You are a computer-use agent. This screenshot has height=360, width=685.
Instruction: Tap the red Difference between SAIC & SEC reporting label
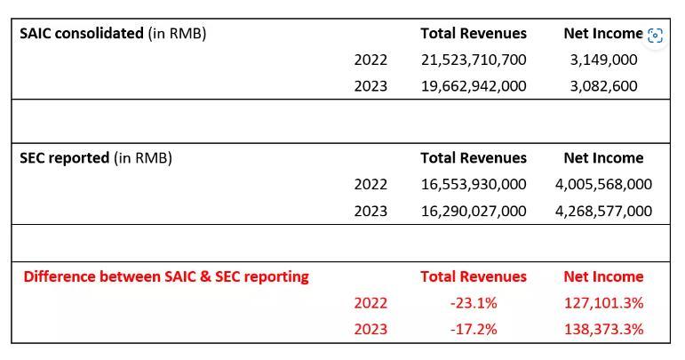click(166, 276)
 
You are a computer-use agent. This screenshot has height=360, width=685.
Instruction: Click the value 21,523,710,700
click(474, 60)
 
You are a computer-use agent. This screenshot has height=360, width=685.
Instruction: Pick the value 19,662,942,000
click(474, 86)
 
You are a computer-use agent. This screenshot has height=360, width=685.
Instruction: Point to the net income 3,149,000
click(603, 60)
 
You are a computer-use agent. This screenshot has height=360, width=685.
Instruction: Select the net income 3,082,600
click(603, 86)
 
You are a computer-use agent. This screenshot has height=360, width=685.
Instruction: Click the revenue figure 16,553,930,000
click(474, 184)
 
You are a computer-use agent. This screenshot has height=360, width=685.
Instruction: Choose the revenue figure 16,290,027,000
click(474, 211)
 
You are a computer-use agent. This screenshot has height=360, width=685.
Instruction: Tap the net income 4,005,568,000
click(603, 184)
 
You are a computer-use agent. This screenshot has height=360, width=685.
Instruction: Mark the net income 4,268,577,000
click(603, 211)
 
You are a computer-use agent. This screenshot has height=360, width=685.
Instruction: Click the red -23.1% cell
click(474, 303)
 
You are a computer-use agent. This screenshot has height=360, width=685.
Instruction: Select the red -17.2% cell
click(474, 329)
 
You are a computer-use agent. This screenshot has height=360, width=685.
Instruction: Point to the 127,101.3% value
click(603, 303)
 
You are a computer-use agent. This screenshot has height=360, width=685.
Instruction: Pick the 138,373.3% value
click(603, 329)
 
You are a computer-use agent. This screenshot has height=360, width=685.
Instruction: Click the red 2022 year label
click(370, 303)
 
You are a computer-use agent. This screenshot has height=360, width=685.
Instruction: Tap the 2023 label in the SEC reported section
click(370, 211)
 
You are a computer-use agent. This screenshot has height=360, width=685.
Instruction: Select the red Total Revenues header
click(474, 276)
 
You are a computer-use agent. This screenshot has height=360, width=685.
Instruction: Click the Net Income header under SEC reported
click(603, 158)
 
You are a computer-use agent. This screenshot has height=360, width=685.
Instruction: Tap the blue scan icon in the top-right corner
click(656, 36)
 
